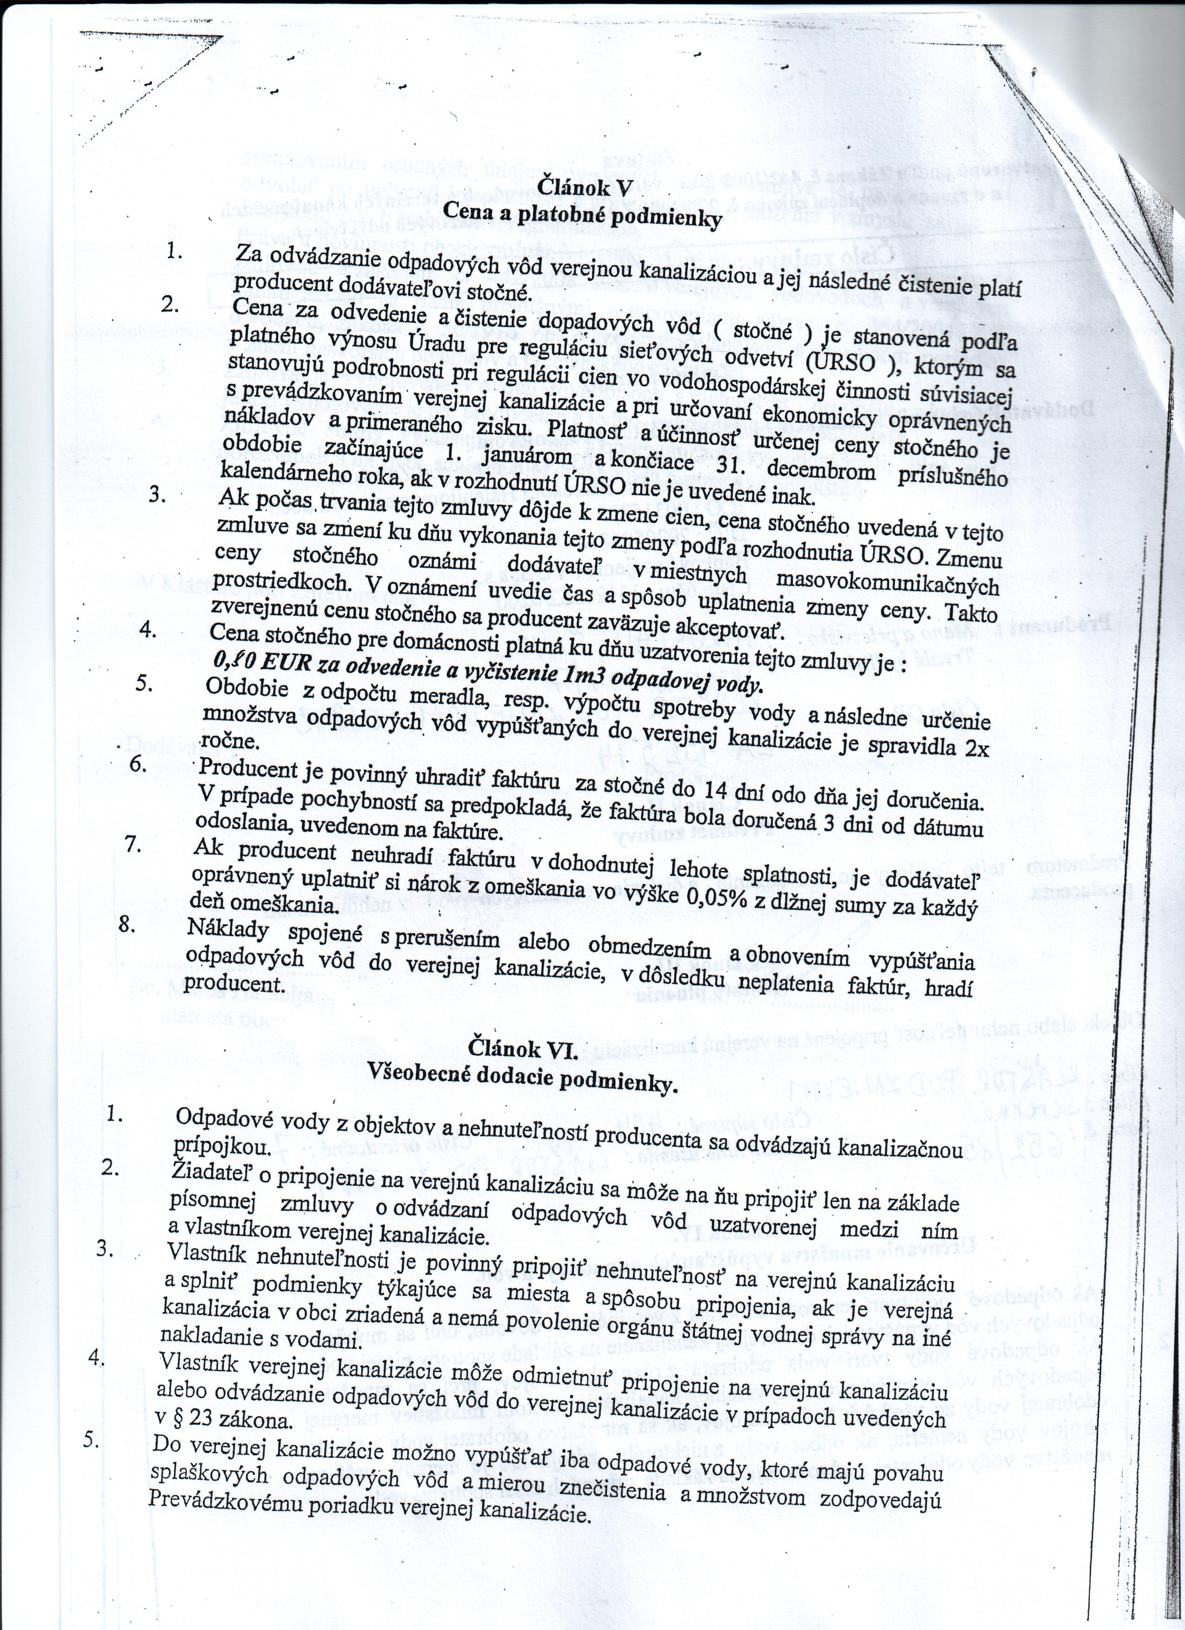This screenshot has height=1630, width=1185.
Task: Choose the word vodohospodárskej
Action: point(755,387)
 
